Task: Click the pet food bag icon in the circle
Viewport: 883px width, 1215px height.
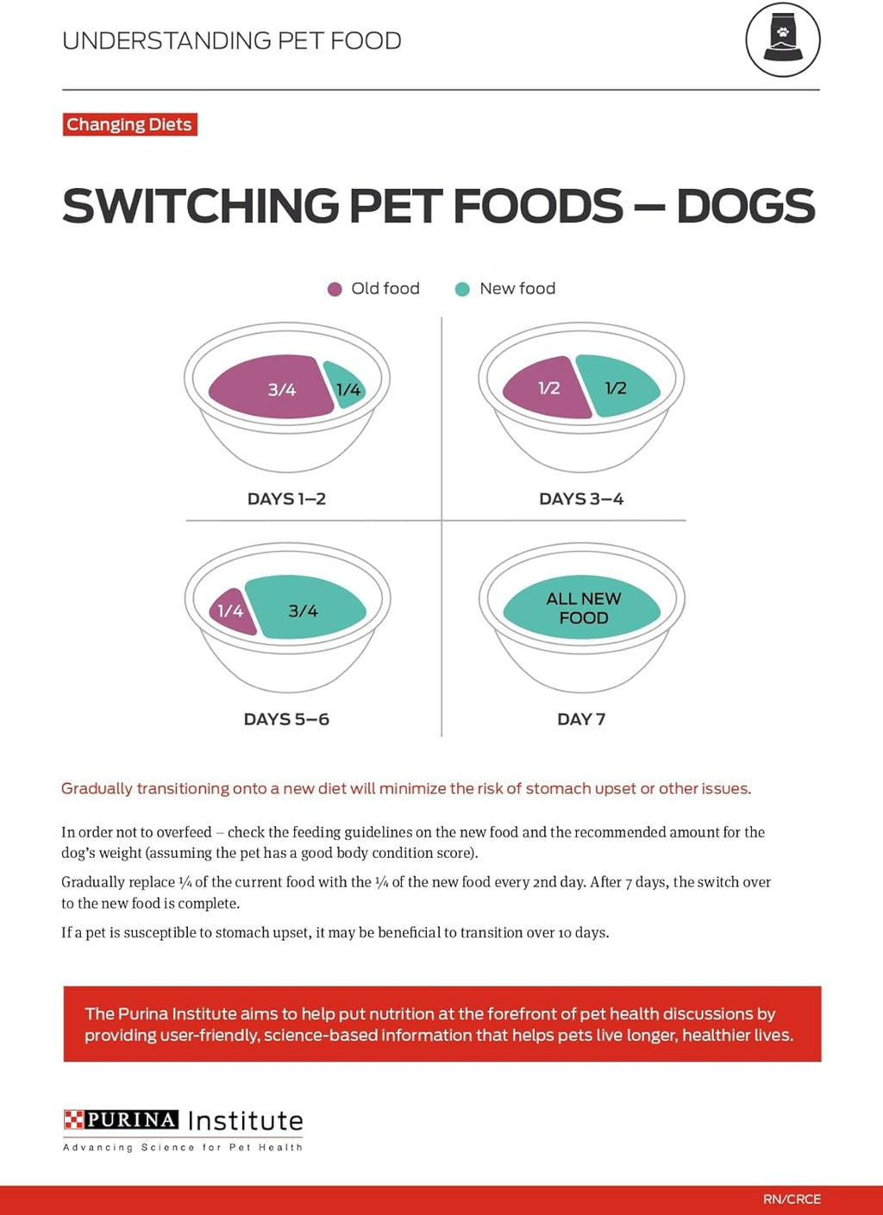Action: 783,41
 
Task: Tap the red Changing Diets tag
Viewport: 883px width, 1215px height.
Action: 129,124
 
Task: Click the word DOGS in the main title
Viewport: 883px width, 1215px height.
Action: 745,206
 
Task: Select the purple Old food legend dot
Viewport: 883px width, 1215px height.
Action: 335,289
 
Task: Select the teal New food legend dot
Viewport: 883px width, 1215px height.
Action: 462,289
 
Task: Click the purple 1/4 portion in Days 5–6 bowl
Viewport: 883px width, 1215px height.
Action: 230,611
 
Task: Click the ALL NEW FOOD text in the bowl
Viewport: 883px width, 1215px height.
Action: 583,608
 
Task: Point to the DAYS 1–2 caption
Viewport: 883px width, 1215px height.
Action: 286,498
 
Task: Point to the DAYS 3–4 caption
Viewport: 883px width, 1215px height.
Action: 581,498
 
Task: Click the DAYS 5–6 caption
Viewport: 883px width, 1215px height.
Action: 286,719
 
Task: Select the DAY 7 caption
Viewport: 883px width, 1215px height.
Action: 581,719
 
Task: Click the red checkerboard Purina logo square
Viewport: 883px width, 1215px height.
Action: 73,1119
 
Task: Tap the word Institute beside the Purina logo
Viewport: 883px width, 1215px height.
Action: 246,1120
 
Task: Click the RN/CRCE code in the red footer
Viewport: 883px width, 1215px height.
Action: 792,1199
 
